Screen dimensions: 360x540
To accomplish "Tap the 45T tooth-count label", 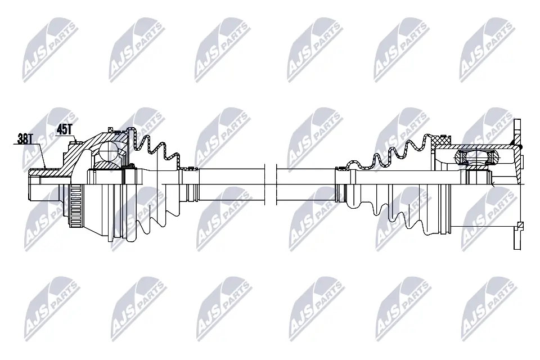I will [65, 129].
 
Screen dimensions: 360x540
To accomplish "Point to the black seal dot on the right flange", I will [521, 147].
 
